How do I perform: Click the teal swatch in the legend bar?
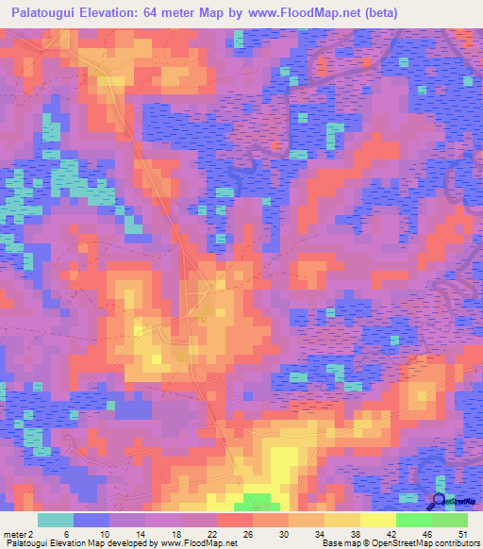click(x=56, y=520)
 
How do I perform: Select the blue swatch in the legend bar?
click(x=92, y=520)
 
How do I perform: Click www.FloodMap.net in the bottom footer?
click(x=198, y=543)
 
